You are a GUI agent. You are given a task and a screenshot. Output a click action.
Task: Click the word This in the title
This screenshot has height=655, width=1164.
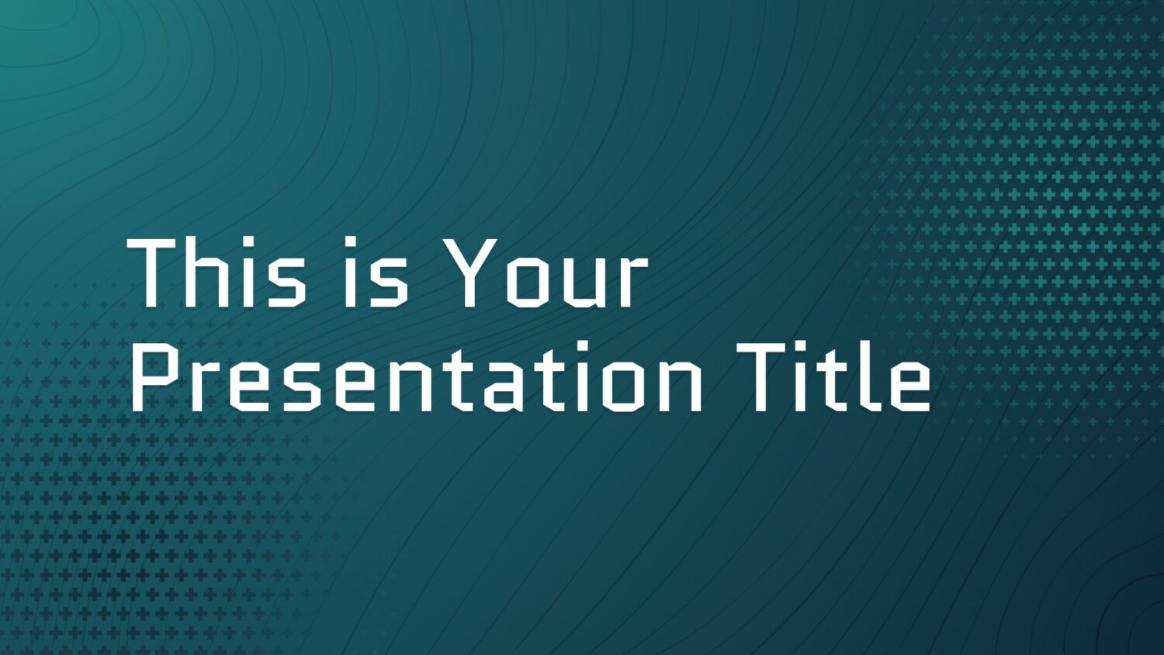coord(217,272)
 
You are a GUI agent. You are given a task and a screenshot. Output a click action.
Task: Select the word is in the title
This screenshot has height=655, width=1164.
coord(376,272)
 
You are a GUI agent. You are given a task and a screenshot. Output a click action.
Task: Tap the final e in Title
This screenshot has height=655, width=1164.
coord(909,386)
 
